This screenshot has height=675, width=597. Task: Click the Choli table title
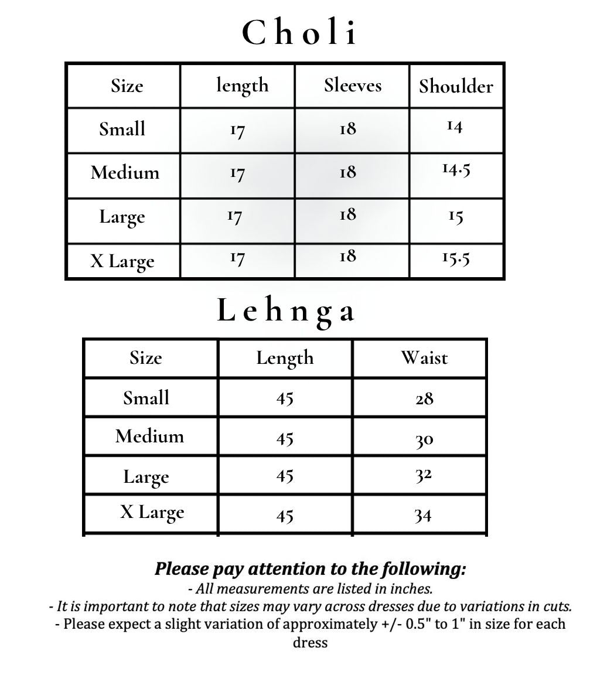(299, 33)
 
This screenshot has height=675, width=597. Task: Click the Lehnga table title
(286, 311)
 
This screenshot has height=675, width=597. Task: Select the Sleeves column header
(353, 86)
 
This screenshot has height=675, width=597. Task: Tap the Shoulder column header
(456, 86)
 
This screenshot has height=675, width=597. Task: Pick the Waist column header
(424, 357)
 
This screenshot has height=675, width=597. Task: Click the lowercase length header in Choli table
(242, 86)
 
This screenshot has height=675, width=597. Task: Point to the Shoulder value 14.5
(456, 170)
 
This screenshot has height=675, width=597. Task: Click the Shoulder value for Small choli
(455, 126)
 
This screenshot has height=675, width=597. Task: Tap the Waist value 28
(424, 398)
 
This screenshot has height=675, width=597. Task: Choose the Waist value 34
(423, 516)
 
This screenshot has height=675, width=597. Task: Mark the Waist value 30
(424, 439)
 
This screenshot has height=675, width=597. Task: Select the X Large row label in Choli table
(122, 261)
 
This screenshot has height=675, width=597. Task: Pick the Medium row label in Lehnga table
(149, 436)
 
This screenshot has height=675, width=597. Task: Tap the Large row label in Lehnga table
(146, 477)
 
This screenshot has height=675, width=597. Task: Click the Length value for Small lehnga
(285, 398)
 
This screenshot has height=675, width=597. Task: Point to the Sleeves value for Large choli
(347, 215)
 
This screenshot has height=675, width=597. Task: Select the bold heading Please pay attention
(310, 569)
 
